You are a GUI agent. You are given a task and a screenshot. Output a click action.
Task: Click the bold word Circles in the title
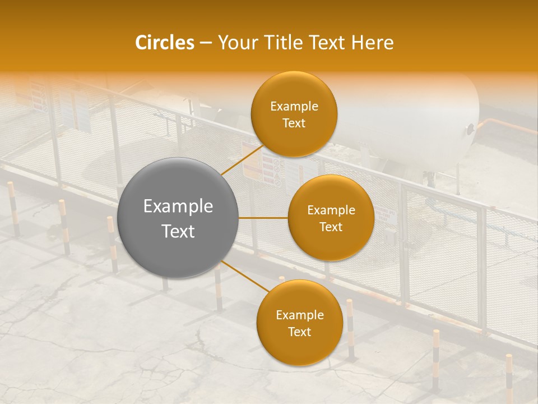click(x=165, y=43)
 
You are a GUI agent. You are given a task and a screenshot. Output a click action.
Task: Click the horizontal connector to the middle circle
click(x=263, y=218)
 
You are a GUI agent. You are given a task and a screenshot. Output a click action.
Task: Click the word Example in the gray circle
click(x=178, y=206)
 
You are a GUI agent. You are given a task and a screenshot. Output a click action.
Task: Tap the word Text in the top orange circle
click(x=294, y=123)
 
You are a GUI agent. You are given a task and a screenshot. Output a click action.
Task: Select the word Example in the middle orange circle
click(x=331, y=210)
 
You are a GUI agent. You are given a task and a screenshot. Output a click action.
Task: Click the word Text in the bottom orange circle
click(x=299, y=332)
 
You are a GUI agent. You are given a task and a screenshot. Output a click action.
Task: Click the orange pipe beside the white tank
click(x=504, y=126)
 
